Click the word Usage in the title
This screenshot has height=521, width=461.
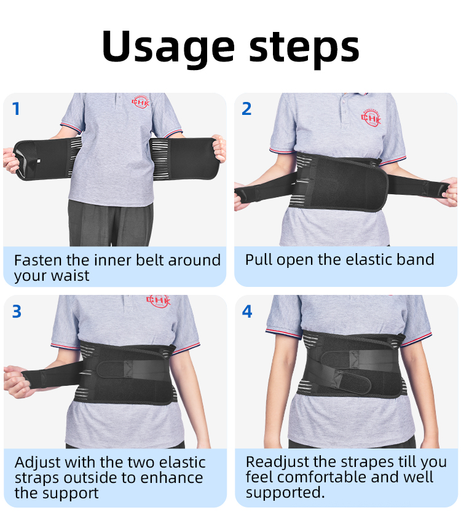168,47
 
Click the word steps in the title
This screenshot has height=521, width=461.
304,49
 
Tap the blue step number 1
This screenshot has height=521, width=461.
16,109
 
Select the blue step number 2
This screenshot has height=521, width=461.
246,109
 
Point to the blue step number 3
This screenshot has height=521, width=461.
17,311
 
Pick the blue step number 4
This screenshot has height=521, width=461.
247,311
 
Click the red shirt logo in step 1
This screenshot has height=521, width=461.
141,101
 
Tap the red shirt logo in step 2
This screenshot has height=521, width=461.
371,117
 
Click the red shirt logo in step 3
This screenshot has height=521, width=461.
159,300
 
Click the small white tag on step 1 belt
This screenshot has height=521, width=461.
39,161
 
